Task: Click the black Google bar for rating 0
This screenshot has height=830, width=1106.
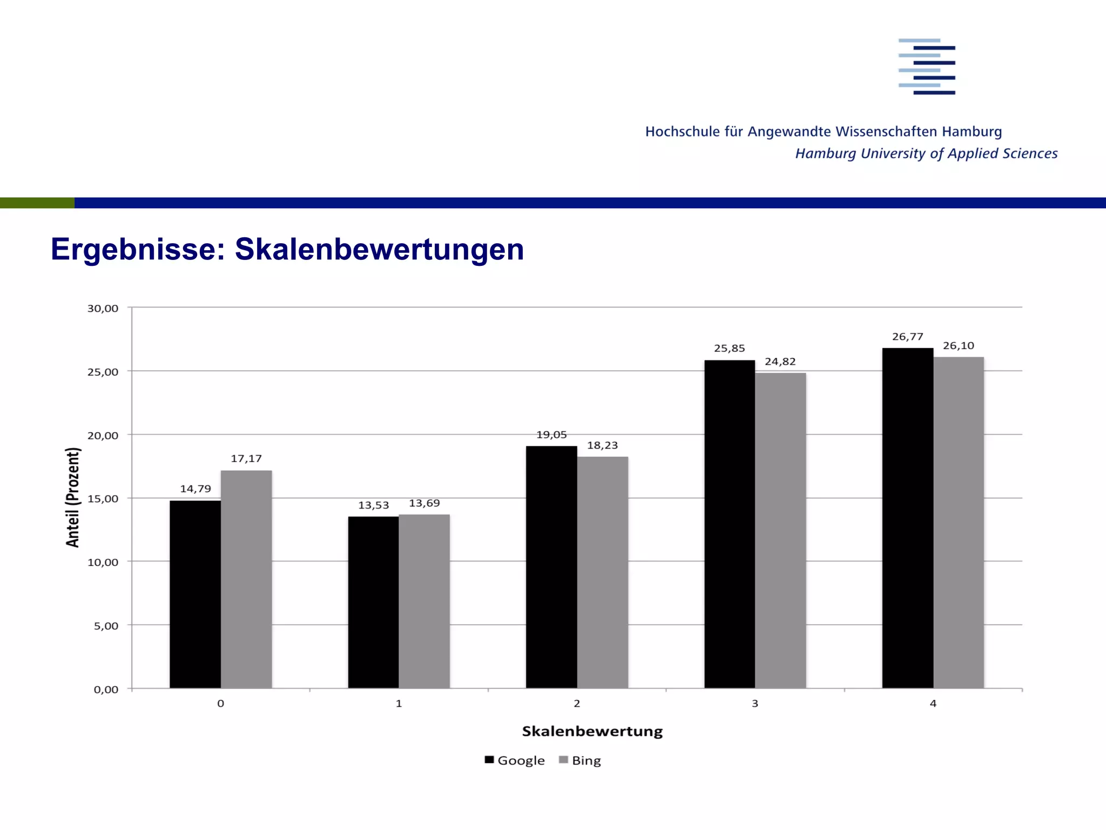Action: point(195,594)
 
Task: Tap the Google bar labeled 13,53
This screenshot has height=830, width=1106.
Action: point(373,603)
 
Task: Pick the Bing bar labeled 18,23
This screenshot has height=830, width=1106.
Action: point(603,572)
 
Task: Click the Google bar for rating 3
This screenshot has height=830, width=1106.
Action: point(730,524)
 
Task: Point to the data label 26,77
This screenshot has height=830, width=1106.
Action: point(907,337)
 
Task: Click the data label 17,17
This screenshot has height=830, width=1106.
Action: point(246,459)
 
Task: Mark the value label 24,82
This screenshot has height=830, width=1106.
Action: point(780,362)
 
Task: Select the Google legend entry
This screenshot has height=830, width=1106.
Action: point(515,760)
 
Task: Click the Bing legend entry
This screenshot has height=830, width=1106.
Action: point(580,760)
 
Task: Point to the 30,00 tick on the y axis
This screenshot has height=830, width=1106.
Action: point(103,309)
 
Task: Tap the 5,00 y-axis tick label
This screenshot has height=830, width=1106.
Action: point(106,626)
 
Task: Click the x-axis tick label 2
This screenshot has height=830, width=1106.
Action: point(577,704)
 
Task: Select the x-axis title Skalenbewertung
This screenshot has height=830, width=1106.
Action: point(592,732)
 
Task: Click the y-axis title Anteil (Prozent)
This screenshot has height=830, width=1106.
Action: point(73,497)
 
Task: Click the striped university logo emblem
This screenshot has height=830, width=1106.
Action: point(927,66)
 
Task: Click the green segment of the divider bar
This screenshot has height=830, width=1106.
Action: point(37,203)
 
